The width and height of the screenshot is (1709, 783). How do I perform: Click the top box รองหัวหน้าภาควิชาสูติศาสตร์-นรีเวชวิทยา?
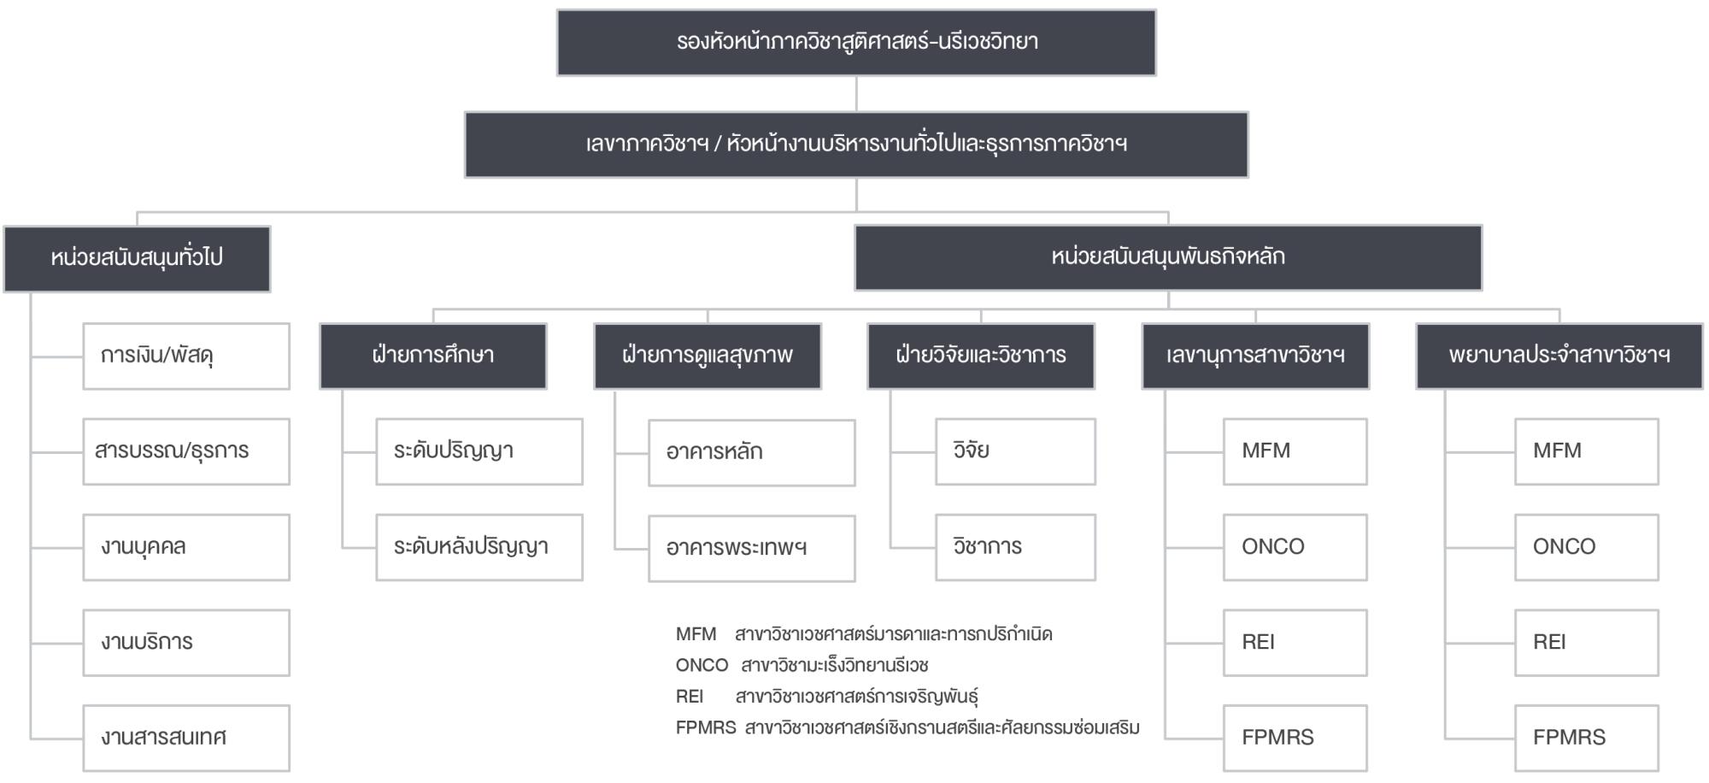(x=856, y=43)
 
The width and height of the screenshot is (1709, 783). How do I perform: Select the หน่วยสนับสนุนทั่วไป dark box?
(x=137, y=259)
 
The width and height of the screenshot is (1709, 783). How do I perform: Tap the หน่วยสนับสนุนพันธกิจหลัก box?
(x=1168, y=257)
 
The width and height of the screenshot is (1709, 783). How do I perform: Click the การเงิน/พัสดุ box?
(x=186, y=356)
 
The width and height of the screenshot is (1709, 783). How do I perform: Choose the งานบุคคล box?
(x=186, y=547)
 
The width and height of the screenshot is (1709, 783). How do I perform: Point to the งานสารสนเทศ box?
(x=186, y=738)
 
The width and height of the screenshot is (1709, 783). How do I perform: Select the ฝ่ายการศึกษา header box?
(x=433, y=356)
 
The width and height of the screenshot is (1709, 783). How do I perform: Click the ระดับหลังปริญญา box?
(x=479, y=547)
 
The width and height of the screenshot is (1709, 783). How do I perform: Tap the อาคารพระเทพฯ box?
(x=752, y=548)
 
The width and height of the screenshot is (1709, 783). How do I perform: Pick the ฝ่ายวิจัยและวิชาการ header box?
(x=981, y=356)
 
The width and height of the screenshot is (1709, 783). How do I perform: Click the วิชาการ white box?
(x=1015, y=547)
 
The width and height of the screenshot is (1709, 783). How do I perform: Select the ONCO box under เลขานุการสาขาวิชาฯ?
(x=1295, y=547)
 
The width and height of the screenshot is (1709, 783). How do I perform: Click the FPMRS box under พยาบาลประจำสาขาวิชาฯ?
(x=1587, y=738)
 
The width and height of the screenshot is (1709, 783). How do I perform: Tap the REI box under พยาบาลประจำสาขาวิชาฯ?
(x=1587, y=643)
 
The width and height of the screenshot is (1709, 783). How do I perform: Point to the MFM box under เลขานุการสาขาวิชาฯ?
(x=1295, y=451)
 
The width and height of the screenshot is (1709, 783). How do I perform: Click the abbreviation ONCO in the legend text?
(x=702, y=665)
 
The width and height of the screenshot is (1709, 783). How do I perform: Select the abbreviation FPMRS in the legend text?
(x=705, y=727)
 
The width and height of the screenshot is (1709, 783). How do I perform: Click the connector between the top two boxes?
(x=856, y=94)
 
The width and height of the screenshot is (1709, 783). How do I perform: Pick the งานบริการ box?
(x=186, y=643)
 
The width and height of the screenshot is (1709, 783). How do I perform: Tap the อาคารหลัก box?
(x=752, y=452)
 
